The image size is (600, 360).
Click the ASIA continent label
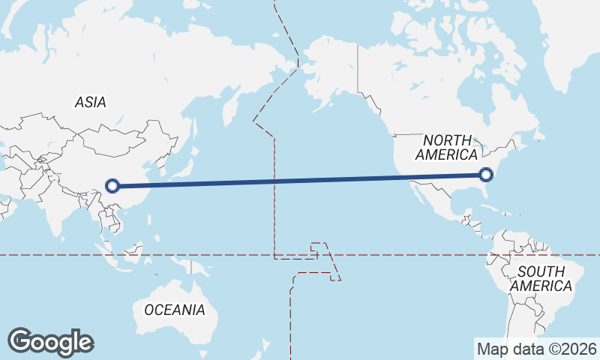[x=90, y=103]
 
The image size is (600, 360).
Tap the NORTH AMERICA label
[x=447, y=148]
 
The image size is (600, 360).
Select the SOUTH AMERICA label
[x=540, y=278]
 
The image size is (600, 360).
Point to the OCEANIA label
[x=174, y=310]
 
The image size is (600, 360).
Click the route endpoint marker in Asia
[x=112, y=186]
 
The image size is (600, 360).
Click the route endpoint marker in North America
[x=486, y=175]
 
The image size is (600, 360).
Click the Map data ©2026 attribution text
[x=537, y=349]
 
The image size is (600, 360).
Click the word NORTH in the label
[x=448, y=140]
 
